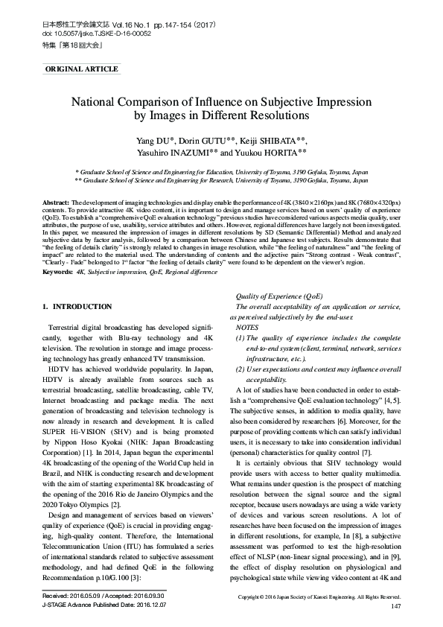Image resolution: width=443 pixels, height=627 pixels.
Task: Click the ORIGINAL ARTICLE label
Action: point(82,69)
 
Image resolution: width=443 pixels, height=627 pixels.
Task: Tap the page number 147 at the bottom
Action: point(395,607)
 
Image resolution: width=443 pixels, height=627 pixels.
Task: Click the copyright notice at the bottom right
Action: point(319,597)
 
